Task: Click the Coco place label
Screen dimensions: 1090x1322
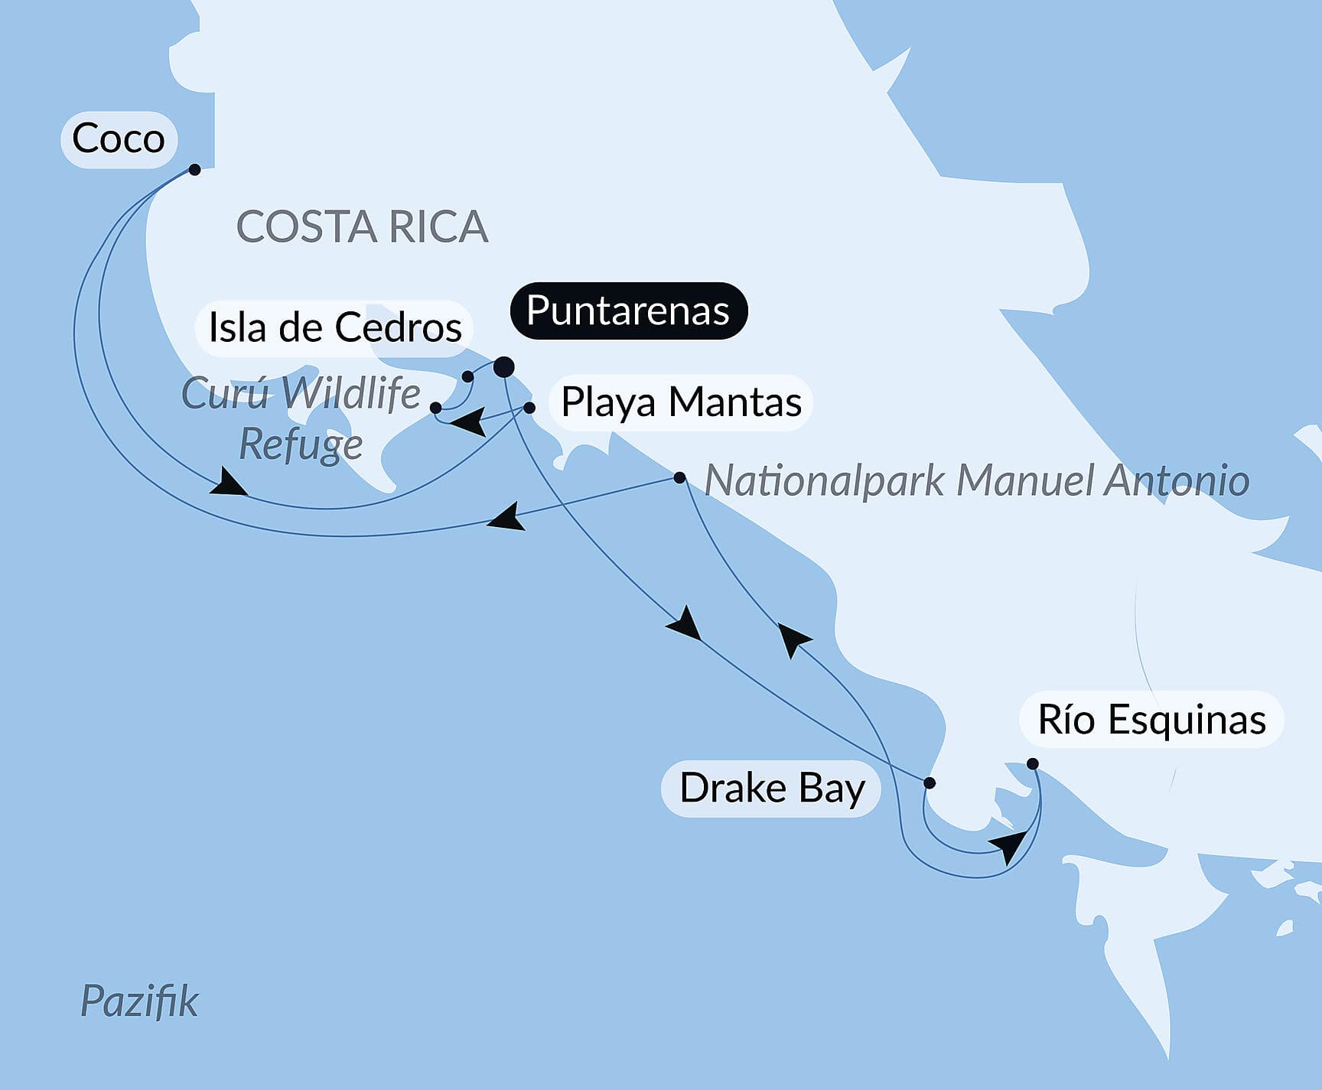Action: [x=119, y=139]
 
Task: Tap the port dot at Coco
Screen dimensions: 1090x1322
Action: [x=194, y=169]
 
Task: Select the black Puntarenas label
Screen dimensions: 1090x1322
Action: [x=628, y=311]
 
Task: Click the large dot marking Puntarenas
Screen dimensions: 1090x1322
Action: [x=503, y=367]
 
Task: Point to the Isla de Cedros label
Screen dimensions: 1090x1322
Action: [x=335, y=328]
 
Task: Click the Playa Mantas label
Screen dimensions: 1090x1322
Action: [x=681, y=402]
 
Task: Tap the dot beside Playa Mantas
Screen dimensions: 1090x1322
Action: [x=529, y=408]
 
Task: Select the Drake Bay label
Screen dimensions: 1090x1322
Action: [x=772, y=789]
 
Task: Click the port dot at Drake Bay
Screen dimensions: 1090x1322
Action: [x=930, y=783]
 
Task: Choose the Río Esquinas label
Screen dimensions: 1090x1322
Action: [x=1151, y=720]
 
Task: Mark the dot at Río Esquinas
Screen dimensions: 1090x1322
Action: [x=1032, y=763]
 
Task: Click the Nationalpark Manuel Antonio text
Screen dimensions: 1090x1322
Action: [x=976, y=481]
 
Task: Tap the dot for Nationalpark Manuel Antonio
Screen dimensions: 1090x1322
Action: [x=679, y=478]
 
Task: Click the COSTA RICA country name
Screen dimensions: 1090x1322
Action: [x=362, y=227]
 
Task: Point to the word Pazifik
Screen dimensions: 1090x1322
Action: [x=139, y=1001]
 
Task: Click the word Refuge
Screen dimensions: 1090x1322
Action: [x=301, y=444]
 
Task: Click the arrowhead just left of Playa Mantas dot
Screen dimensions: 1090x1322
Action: [x=468, y=421]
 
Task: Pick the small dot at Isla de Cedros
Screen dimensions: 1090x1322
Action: [x=467, y=376]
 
